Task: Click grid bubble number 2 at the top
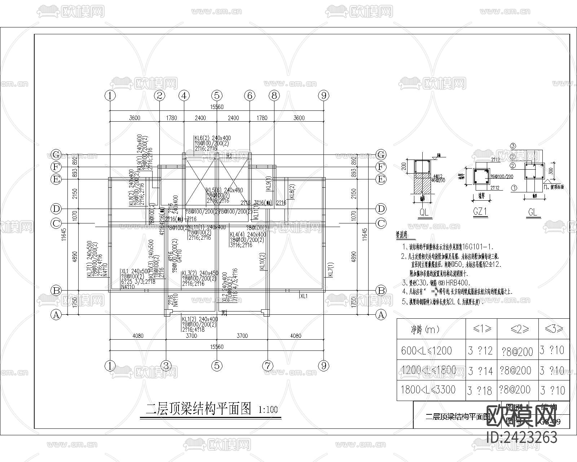pyautogui.click(x=159, y=96)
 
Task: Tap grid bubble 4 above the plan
pyautogui.click(x=184, y=96)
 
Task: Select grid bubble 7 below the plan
pyautogui.click(x=267, y=366)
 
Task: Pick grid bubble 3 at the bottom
pyautogui.click(x=166, y=366)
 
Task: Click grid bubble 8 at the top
pyautogui.click(x=274, y=96)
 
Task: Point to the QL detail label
pyautogui.click(x=424, y=212)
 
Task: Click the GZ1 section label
pyautogui.click(x=480, y=212)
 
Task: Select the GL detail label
pyautogui.click(x=532, y=212)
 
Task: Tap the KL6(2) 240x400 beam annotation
pyautogui.click(x=212, y=138)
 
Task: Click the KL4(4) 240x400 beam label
pyautogui.click(x=248, y=235)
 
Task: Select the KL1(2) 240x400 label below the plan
pyautogui.click(x=200, y=319)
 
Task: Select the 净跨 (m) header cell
pyautogui.click(x=426, y=329)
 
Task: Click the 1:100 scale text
pyautogui.click(x=268, y=410)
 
